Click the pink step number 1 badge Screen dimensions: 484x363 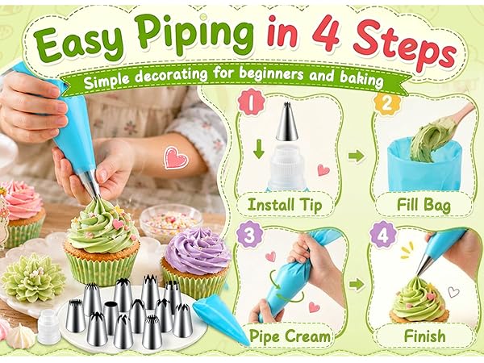251,102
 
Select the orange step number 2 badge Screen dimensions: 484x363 386,103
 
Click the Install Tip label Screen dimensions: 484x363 285,205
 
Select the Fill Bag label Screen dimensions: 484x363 423,205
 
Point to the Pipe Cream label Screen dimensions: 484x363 290,336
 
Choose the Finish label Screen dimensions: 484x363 425,336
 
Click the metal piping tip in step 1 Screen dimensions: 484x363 286,121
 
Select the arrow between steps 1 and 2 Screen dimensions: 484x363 357,156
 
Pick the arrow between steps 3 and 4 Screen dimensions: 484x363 357,284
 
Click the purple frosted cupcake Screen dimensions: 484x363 196,261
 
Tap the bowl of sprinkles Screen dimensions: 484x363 171,220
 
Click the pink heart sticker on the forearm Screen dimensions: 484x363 175,158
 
